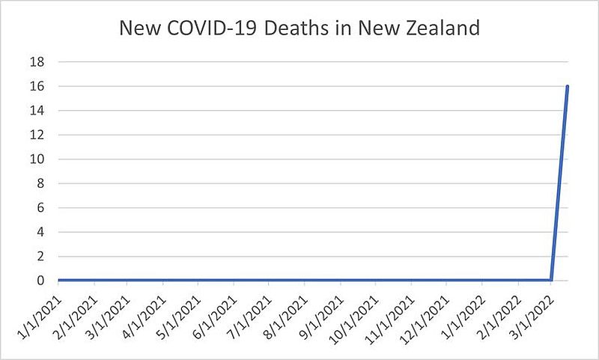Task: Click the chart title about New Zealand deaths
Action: click(299, 30)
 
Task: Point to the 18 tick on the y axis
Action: click(37, 62)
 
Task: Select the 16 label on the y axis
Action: click(37, 86)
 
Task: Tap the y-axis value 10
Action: click(37, 159)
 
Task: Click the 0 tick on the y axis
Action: click(40, 281)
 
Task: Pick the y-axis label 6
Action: click(40, 208)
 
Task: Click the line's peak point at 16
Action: click(568, 86)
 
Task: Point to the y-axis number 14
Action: click(37, 111)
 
